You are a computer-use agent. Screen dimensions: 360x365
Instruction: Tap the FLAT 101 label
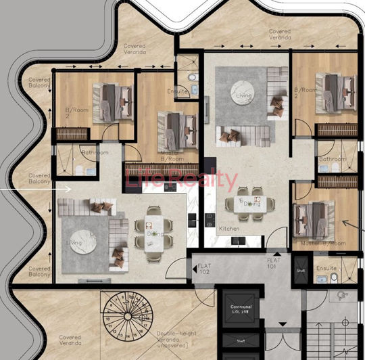pyautogui.click(x=274, y=263)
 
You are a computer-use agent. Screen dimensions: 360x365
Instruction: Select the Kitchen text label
pyautogui.click(x=229, y=229)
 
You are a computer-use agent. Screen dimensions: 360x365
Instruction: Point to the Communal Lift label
pyautogui.click(x=241, y=309)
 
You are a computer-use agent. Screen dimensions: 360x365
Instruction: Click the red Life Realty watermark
pyautogui.click(x=182, y=181)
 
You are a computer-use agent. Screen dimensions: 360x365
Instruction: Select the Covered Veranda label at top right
pyautogui.click(x=280, y=35)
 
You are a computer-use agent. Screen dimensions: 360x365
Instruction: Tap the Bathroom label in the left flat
pyautogui.click(x=95, y=153)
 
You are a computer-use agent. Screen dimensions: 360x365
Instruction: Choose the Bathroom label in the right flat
pyautogui.click(x=333, y=160)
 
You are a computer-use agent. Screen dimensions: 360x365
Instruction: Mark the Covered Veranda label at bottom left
pyautogui.click(x=70, y=340)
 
